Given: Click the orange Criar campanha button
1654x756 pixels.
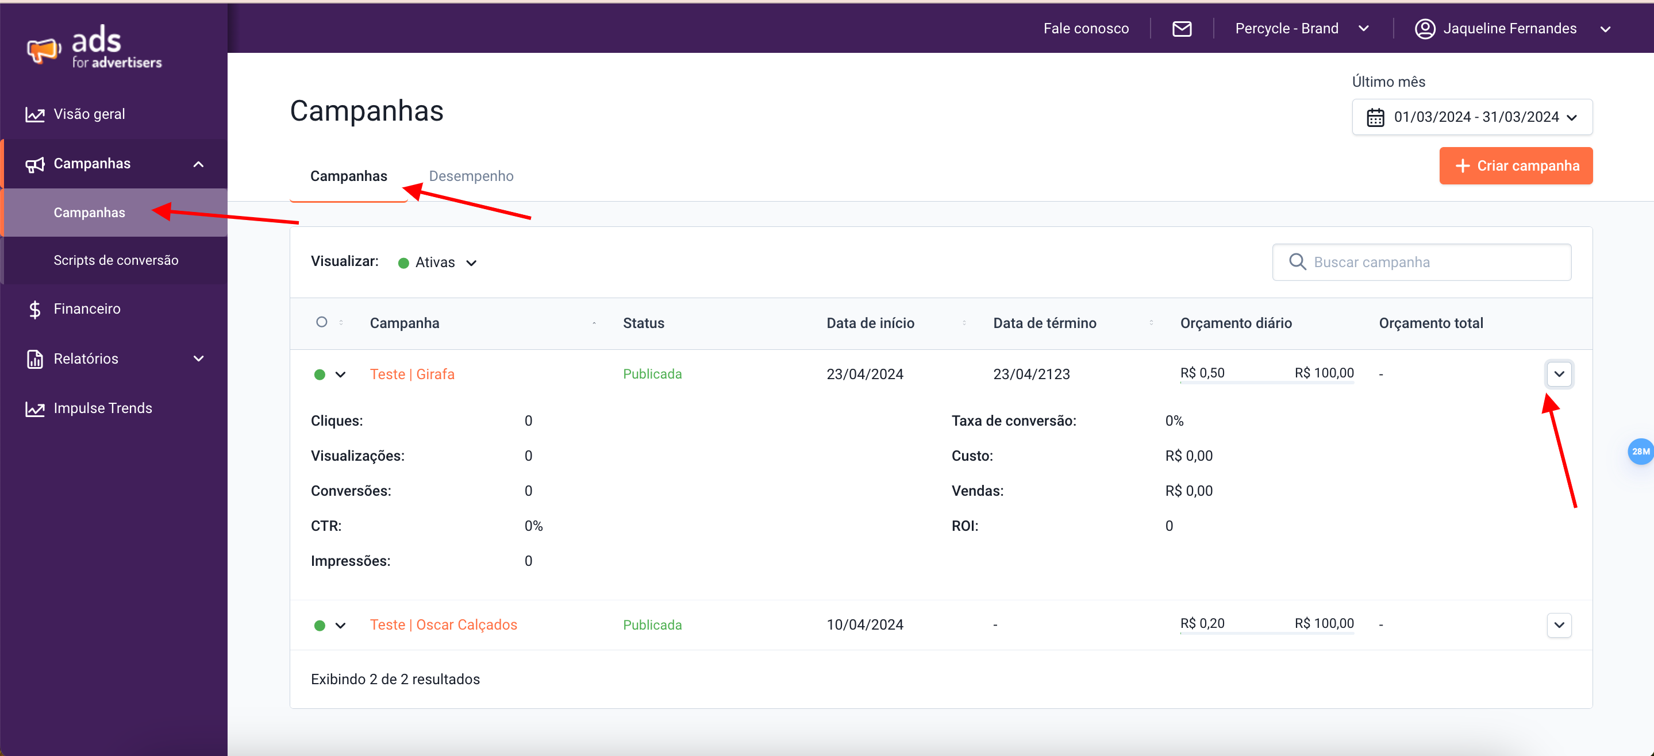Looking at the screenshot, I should pyautogui.click(x=1515, y=165).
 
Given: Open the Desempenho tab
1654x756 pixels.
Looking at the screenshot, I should pyautogui.click(x=471, y=176).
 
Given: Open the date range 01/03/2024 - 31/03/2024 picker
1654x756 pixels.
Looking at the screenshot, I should pyautogui.click(x=1472, y=117).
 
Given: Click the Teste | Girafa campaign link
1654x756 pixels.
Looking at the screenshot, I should pyautogui.click(x=412, y=374).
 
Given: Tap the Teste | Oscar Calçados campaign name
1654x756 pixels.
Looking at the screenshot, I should pyautogui.click(x=443, y=624).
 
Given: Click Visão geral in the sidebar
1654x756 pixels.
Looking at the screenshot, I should pyautogui.click(x=89, y=114).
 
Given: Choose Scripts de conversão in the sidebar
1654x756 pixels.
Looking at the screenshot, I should pyautogui.click(x=116, y=260).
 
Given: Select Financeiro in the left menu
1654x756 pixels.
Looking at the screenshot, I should pyautogui.click(x=87, y=308).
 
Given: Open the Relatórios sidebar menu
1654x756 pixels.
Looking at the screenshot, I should pyautogui.click(x=86, y=358).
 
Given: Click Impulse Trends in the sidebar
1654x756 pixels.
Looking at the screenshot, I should pyautogui.click(x=103, y=408).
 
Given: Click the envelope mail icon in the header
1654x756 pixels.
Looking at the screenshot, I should pyautogui.click(x=1182, y=28).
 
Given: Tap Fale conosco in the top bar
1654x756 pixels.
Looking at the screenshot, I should pyautogui.click(x=1086, y=28).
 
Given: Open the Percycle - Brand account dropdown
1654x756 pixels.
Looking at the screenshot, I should pyautogui.click(x=1302, y=28).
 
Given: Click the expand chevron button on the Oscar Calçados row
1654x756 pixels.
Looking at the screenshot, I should pyautogui.click(x=1559, y=625).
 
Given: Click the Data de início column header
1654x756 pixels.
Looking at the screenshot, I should pyautogui.click(x=870, y=323).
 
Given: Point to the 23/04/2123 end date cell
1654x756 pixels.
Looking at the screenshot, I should pyautogui.click(x=1031, y=374).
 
